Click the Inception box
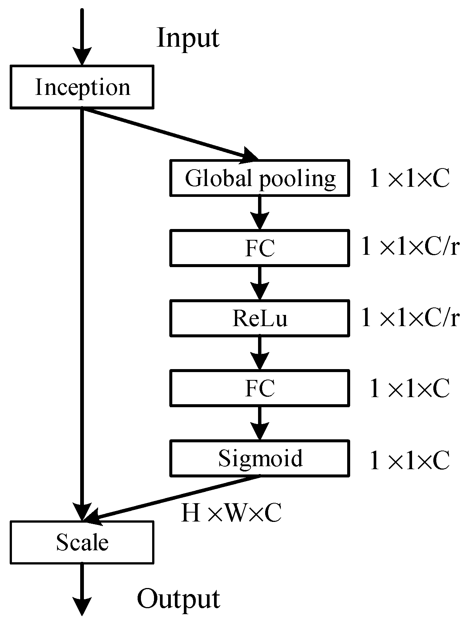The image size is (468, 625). [82, 87]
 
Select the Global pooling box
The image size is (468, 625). [260, 178]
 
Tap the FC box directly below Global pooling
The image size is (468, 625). [260, 248]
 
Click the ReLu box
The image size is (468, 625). [260, 318]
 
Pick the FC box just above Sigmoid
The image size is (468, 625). [260, 388]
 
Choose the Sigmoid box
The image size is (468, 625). [260, 458]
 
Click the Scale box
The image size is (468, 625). [82, 542]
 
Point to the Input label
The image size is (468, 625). [188, 38]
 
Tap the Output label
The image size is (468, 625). [178, 599]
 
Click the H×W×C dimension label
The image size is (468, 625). [231, 513]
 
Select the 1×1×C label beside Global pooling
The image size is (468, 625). [409, 179]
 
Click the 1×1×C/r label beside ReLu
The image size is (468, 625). [410, 318]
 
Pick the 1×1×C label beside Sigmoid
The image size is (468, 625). [409, 460]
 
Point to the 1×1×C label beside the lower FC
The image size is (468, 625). [409, 389]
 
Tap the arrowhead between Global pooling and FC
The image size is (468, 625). [260, 220]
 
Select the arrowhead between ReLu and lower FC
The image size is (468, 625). [260, 361]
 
